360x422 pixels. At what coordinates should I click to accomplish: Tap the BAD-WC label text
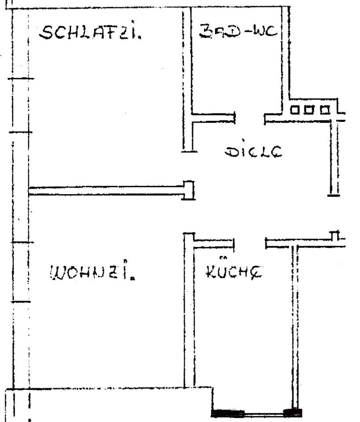pos(237,31)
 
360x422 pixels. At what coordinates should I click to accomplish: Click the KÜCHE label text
pos(233,272)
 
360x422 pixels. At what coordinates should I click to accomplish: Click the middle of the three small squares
pos(309,109)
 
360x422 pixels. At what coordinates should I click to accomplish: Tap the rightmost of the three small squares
pos(324,109)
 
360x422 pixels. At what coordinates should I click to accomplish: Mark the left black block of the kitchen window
pos(228,413)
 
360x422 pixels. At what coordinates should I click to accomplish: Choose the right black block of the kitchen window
pos(293,413)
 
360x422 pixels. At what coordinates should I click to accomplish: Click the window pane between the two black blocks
pos(264,414)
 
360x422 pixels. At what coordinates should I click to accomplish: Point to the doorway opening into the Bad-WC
pos(250,118)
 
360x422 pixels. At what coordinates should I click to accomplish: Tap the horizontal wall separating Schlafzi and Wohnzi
pos(105,191)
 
